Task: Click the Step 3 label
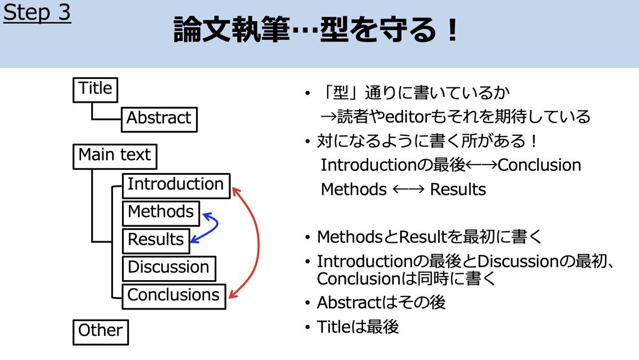pyautogui.click(x=37, y=12)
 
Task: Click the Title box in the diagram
pyautogui.click(x=95, y=90)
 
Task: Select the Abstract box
pyautogui.click(x=159, y=119)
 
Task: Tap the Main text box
pyautogui.click(x=115, y=157)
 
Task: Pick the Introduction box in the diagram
pyautogui.click(x=176, y=186)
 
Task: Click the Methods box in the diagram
pyautogui.click(x=161, y=214)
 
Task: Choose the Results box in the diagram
pyautogui.click(x=156, y=241)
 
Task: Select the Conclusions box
pyautogui.click(x=174, y=297)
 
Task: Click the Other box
pyautogui.click(x=101, y=332)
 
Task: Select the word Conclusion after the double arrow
pyautogui.click(x=539, y=165)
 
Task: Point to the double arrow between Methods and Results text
pyautogui.click(x=408, y=190)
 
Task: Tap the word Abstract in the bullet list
pyautogui.click(x=349, y=302)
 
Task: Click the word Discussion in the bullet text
pyautogui.click(x=517, y=261)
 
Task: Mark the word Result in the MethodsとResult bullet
pyautogui.click(x=422, y=237)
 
